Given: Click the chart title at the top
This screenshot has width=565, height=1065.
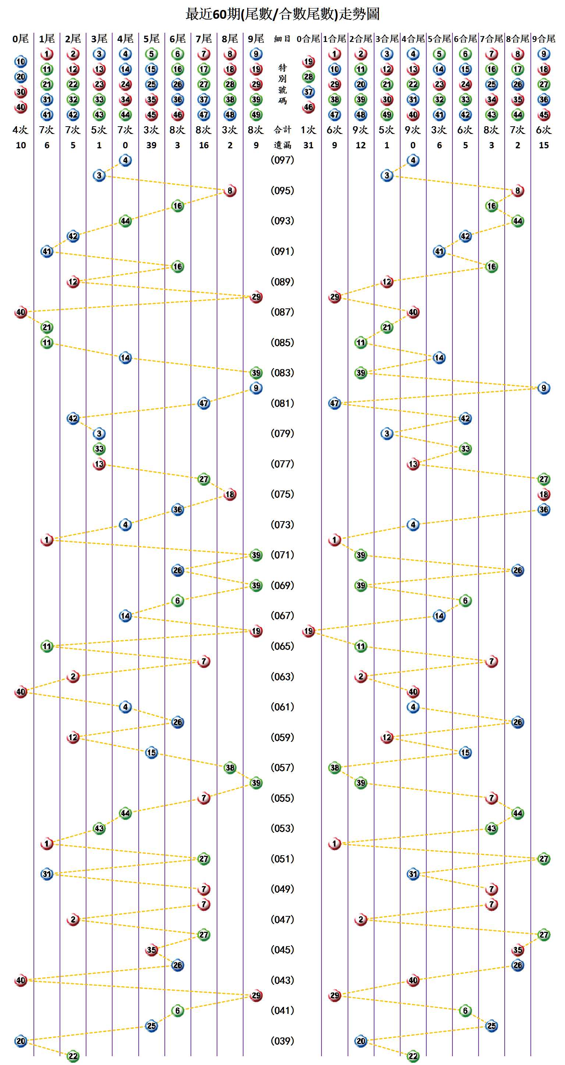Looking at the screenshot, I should [x=282, y=14].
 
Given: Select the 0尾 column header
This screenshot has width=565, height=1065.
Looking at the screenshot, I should [x=21, y=39].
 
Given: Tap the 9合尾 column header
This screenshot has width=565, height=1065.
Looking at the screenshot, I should [x=544, y=39].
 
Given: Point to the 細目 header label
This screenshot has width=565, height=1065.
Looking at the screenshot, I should [x=282, y=39].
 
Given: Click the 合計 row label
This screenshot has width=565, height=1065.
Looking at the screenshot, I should [x=282, y=130].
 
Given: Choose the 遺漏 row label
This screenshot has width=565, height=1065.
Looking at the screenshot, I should [x=282, y=145].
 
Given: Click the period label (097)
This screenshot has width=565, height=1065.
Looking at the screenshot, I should [x=282, y=160].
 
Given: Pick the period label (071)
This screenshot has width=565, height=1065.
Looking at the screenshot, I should [x=282, y=555].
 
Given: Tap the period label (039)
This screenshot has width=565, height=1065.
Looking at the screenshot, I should [x=282, y=1041].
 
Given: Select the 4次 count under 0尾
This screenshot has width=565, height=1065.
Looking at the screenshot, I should [x=21, y=130].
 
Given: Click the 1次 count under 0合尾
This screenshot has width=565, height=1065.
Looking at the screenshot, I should [x=308, y=130].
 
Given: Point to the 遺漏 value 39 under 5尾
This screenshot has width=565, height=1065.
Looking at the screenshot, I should [x=151, y=145].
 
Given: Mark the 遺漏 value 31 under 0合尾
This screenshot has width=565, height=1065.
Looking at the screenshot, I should [x=308, y=145].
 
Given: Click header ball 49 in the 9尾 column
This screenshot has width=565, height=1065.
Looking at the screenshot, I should [x=256, y=115].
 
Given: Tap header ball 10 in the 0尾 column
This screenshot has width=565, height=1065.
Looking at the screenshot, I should [x=21, y=61].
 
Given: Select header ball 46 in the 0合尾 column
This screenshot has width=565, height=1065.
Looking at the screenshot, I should [x=308, y=107].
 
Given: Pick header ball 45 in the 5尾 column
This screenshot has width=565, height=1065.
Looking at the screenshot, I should [x=151, y=115].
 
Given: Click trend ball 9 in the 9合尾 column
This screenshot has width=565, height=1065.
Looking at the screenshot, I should [x=544, y=388].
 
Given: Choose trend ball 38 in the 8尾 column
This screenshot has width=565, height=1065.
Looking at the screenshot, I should [x=230, y=768].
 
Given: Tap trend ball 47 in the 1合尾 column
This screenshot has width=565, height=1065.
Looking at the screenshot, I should [x=334, y=403].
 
